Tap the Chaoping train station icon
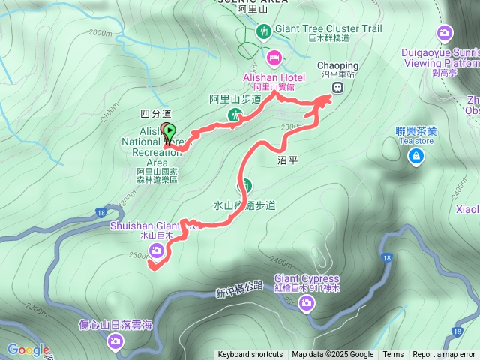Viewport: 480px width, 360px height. coord(338,86)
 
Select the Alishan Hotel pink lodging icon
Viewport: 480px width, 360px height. coord(274,57)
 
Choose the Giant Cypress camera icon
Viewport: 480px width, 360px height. coord(306,302)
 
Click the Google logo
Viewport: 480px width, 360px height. coord(28,349)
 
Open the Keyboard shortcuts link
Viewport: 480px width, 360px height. coord(250,355)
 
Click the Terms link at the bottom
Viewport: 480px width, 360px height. coord(393,355)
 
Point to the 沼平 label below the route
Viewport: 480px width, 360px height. coord(288,160)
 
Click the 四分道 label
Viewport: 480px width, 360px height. coord(151,113)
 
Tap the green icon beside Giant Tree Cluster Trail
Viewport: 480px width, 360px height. coord(263,31)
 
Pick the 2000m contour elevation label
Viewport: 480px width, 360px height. coord(99,33)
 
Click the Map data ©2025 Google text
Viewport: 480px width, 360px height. coord(333,355)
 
